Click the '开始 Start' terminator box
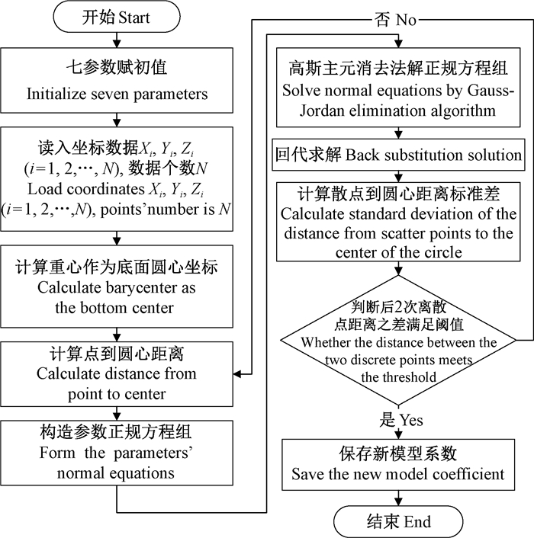point(115,18)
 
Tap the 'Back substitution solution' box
point(400,155)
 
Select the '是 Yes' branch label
point(400,419)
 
